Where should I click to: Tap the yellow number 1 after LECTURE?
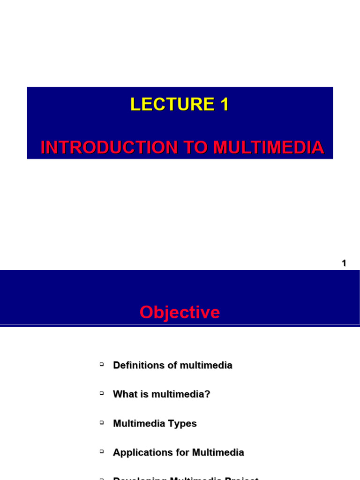click(x=224, y=104)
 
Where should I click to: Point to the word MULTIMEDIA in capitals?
click(x=268, y=147)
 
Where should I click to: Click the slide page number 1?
click(x=344, y=263)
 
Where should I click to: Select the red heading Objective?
click(x=180, y=312)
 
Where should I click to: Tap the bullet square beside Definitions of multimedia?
click(x=101, y=364)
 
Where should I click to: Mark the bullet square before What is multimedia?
click(x=101, y=393)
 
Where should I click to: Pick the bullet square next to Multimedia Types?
click(x=101, y=422)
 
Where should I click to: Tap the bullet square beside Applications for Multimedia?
click(x=101, y=451)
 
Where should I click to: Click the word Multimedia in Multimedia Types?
click(x=141, y=423)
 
